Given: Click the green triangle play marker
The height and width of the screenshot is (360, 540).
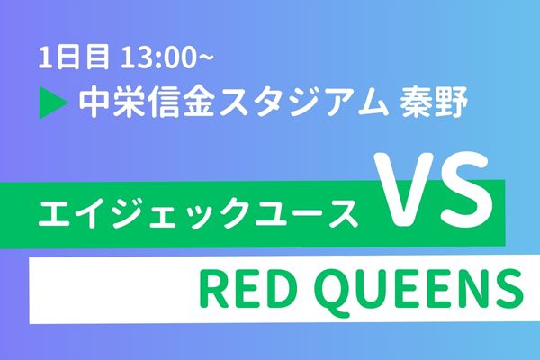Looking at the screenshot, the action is pos(51,103).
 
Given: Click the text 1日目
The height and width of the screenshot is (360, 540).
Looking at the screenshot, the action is pos(74,58).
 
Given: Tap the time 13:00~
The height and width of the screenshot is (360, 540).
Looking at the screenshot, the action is pos(167,58).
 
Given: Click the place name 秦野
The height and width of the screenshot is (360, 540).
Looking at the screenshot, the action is pos(433,103).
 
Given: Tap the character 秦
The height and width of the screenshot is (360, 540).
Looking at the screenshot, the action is pos(415,103).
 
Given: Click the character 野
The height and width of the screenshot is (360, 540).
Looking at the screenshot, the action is pos(451,103).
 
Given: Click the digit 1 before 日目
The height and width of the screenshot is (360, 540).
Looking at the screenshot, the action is pos(44,58).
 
